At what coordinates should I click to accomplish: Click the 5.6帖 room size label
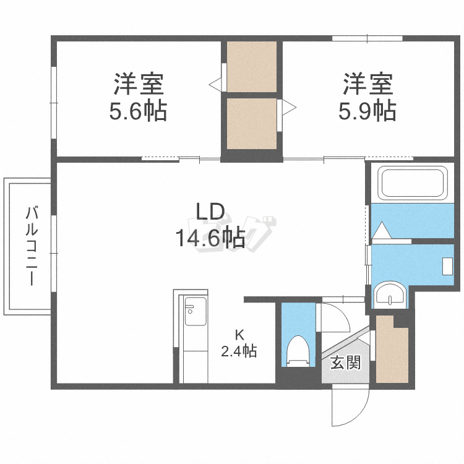(x=138, y=111)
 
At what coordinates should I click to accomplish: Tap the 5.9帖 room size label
(x=367, y=111)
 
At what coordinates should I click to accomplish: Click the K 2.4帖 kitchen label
(x=239, y=344)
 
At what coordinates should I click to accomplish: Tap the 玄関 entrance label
(x=345, y=363)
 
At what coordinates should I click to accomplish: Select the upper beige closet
(x=251, y=66)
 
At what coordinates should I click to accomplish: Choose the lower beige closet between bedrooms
(x=251, y=124)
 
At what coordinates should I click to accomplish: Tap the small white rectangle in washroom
(x=448, y=265)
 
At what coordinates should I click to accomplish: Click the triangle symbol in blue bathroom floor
(x=380, y=231)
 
